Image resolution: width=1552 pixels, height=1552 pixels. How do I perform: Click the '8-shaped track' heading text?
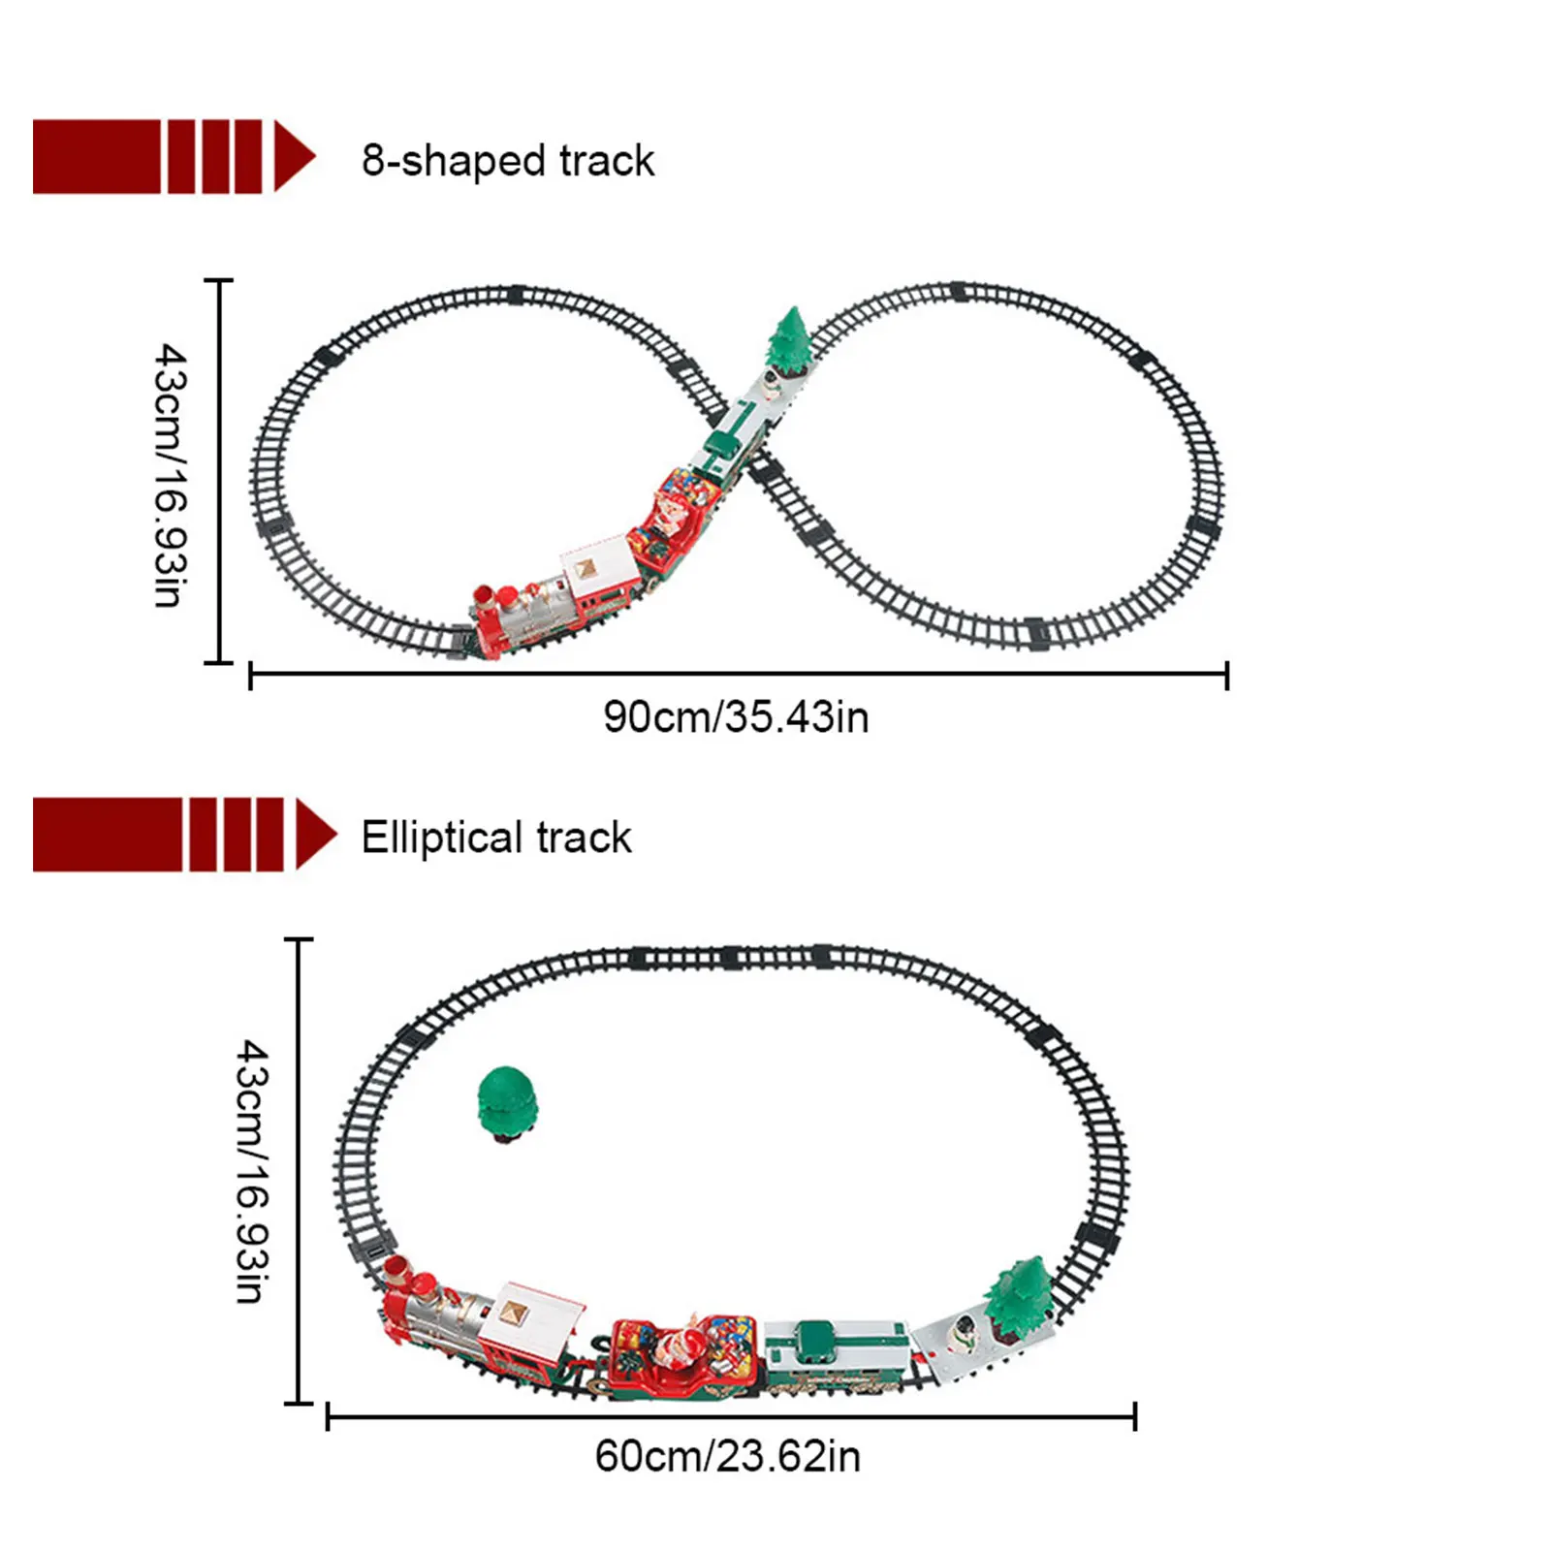[x=508, y=161]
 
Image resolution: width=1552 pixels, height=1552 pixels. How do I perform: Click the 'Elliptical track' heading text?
[x=495, y=838]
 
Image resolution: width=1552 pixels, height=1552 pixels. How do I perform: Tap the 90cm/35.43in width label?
[x=736, y=717]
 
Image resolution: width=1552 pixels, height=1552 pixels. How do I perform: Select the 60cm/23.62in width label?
[x=727, y=1456]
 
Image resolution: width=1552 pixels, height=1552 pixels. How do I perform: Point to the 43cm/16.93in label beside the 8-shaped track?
[x=170, y=474]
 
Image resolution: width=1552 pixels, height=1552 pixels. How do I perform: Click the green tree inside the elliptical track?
[x=506, y=1101]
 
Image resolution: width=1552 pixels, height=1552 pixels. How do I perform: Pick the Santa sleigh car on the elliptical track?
[x=683, y=1355]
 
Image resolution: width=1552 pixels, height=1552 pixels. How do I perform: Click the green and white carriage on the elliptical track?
[x=836, y=1355]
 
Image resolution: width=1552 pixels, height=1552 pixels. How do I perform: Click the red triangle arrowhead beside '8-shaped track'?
[x=293, y=156]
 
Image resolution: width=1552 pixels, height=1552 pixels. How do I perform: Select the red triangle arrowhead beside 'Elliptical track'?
[x=314, y=834]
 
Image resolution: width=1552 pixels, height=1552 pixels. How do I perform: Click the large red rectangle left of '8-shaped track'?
[x=96, y=156]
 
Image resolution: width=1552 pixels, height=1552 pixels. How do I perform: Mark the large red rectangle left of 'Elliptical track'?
[x=107, y=834]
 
